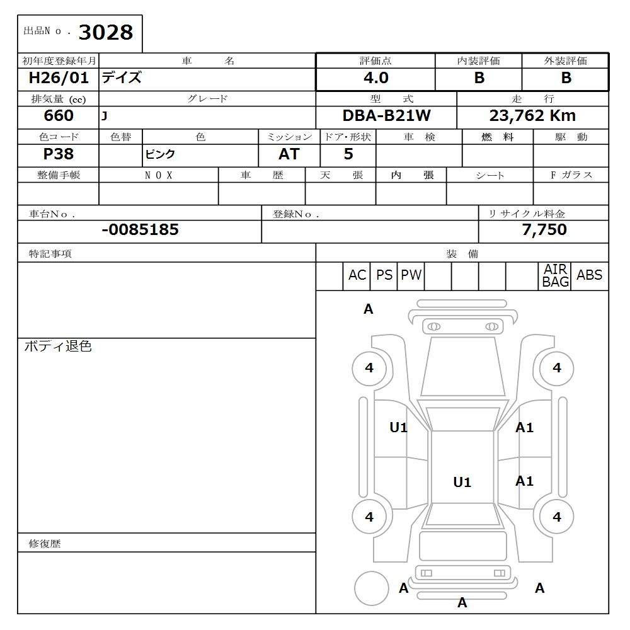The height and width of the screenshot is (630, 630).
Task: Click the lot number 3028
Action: [x=105, y=32]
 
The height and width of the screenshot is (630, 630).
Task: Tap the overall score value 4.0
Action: [x=375, y=78]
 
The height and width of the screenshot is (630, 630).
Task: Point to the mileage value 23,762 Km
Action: [x=532, y=116]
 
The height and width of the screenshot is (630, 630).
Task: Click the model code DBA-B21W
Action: [x=386, y=116]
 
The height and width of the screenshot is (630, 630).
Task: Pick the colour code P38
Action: [x=58, y=154]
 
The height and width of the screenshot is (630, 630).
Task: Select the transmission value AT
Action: [x=289, y=154]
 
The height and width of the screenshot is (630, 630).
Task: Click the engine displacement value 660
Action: [x=58, y=116]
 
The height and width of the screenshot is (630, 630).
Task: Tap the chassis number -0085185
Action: [x=140, y=230]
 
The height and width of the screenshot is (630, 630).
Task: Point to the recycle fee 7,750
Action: [x=544, y=230]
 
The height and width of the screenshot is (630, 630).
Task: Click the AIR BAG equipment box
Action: [x=556, y=276]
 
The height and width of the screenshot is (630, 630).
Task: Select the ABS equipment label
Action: [x=589, y=275]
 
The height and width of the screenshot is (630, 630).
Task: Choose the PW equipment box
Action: [x=411, y=275]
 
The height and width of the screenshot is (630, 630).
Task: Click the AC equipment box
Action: [x=357, y=275]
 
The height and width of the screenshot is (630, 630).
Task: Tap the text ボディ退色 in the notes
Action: [x=58, y=346]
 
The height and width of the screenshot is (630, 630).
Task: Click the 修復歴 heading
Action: [x=45, y=543]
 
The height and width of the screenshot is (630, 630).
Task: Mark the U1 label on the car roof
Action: [x=462, y=483]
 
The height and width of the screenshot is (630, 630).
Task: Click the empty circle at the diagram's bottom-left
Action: [x=371, y=588]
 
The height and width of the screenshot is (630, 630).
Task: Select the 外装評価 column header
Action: [x=565, y=61]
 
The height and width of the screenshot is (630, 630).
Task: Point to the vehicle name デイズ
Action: [x=122, y=78]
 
